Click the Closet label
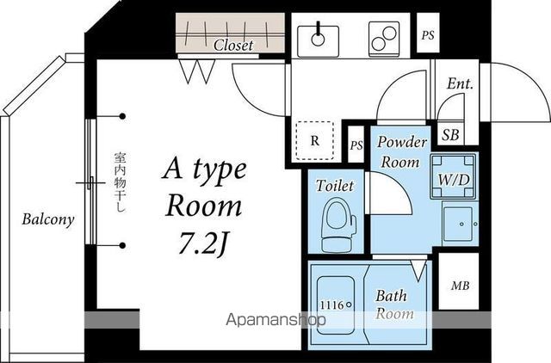tap(233, 45)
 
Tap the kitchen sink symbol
tap(318, 41)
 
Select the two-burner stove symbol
tap(384, 40)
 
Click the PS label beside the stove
tap(428, 35)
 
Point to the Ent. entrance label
tap(460, 83)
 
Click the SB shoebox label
tap(450, 135)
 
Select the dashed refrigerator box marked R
tap(315, 140)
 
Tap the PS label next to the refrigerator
tap(356, 145)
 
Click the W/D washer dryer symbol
tap(454, 176)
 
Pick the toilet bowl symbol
tap(338, 225)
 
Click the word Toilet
tap(335, 186)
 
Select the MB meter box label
tap(460, 286)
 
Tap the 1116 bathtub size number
tap(332, 305)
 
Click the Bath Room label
tap(394, 305)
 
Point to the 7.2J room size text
tap(201, 244)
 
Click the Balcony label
tap(48, 219)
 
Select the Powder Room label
tap(401, 151)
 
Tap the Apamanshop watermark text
tap(275, 320)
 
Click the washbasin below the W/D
tap(460, 224)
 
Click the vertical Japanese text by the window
tap(120, 182)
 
